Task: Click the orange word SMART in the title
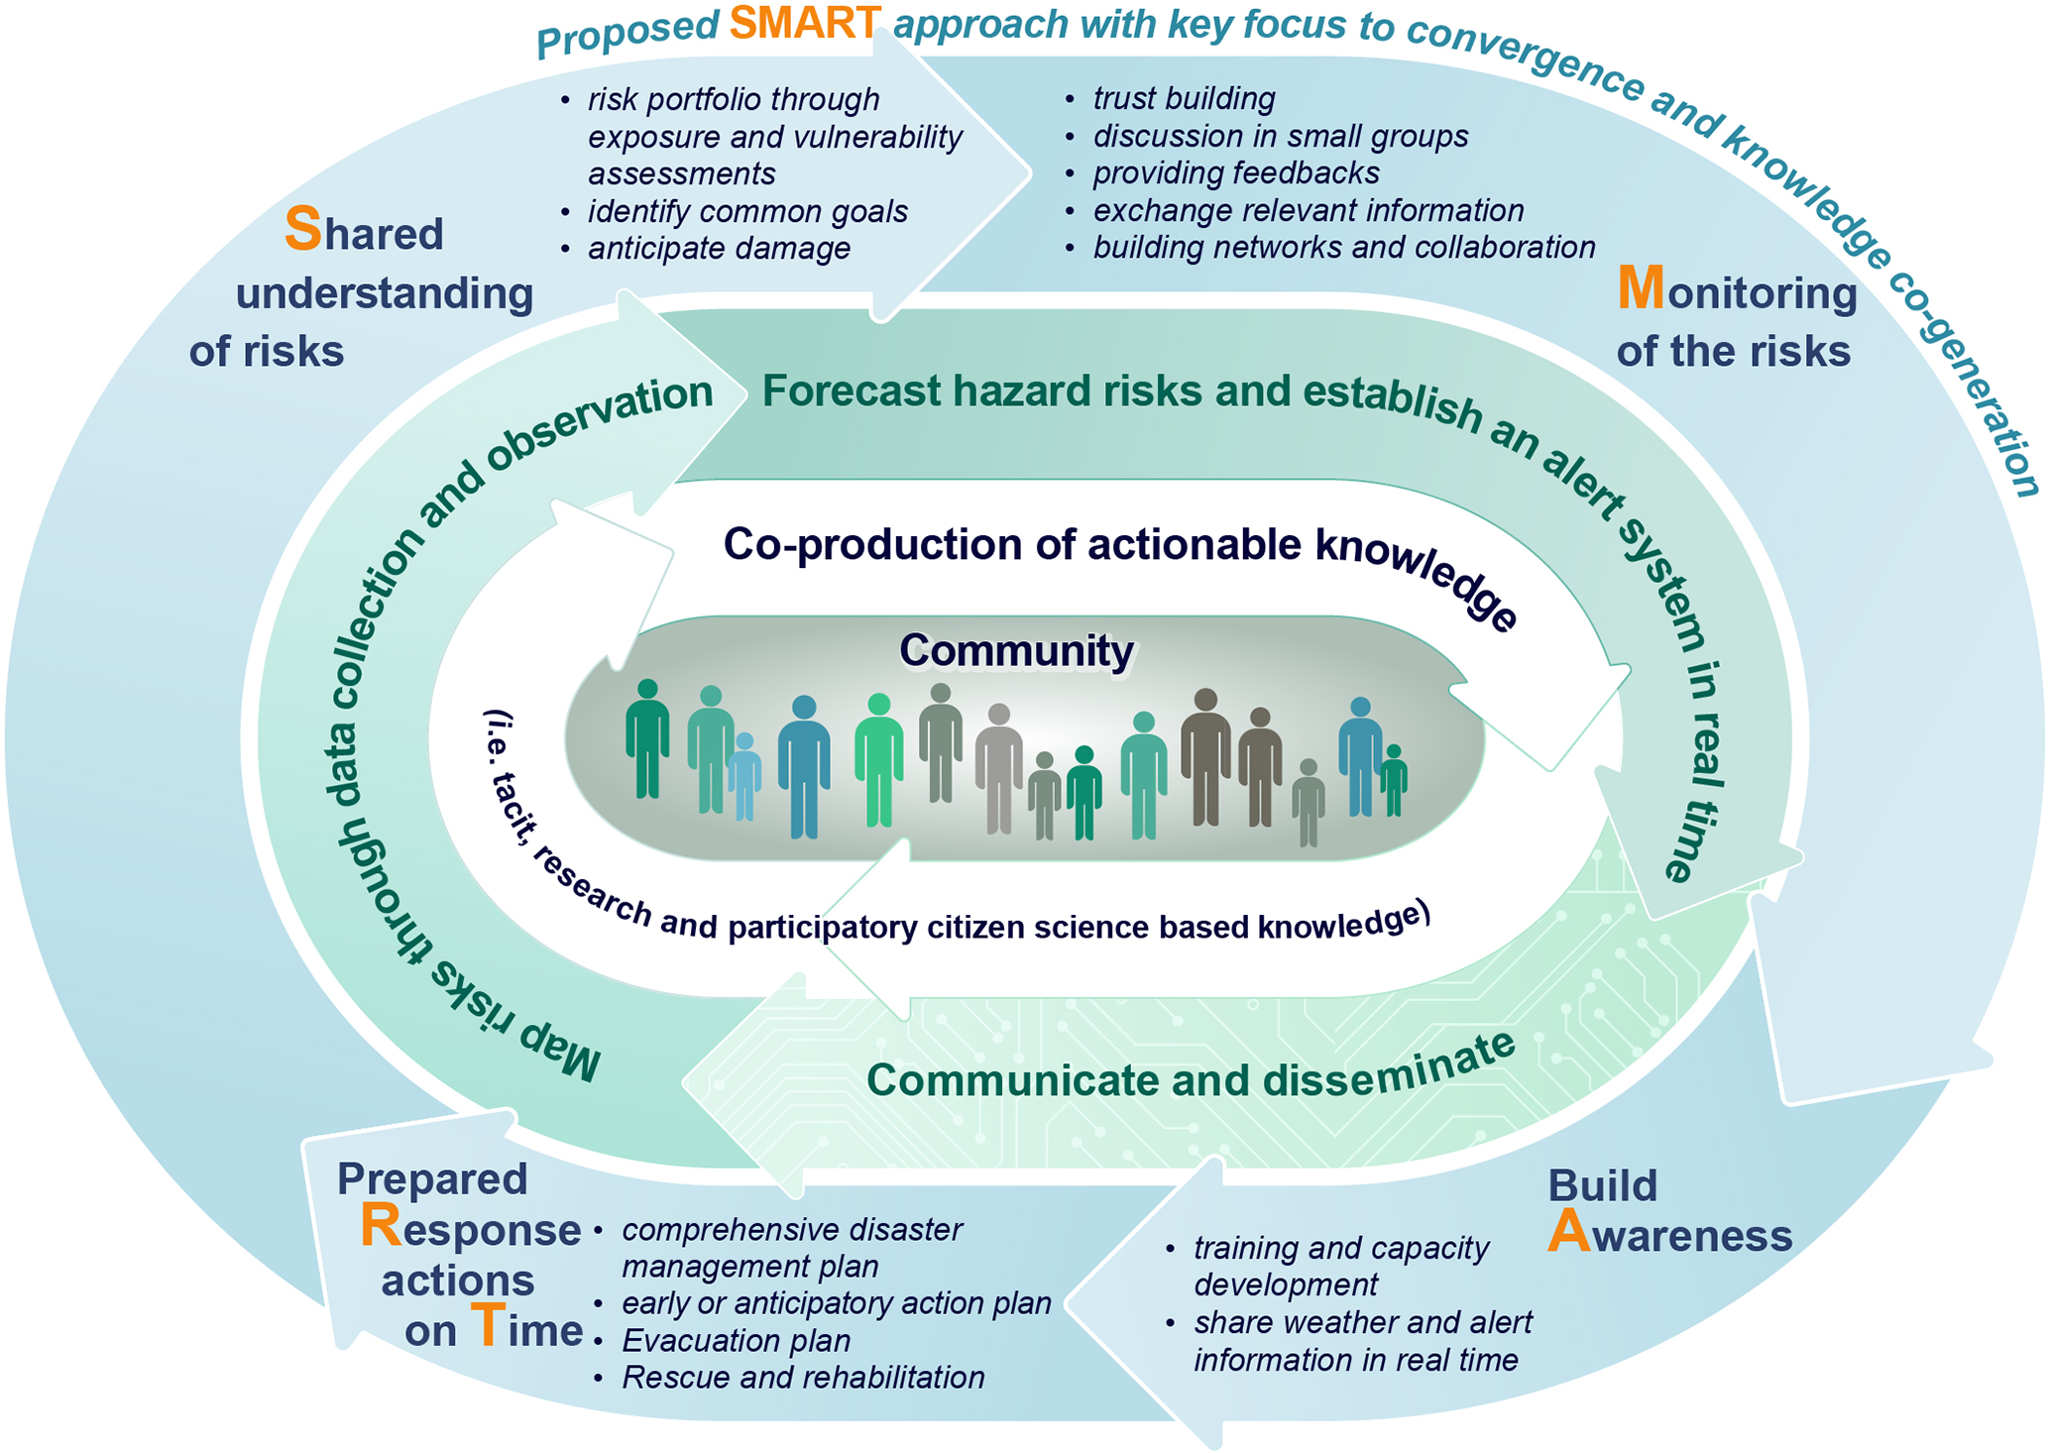804,23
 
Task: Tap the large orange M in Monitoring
1640,288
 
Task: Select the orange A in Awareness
1568,1232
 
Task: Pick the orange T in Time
488,1326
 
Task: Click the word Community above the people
1016,651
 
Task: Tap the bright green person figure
878,759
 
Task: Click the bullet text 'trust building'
1184,98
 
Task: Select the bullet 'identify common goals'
747,211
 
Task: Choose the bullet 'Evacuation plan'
736,1340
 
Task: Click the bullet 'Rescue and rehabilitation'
803,1377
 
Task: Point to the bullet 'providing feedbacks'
1235,172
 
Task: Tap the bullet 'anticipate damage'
719,248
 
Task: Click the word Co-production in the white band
872,544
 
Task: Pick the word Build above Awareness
1601,1185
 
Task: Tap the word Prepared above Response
431,1178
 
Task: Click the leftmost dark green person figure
647,738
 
